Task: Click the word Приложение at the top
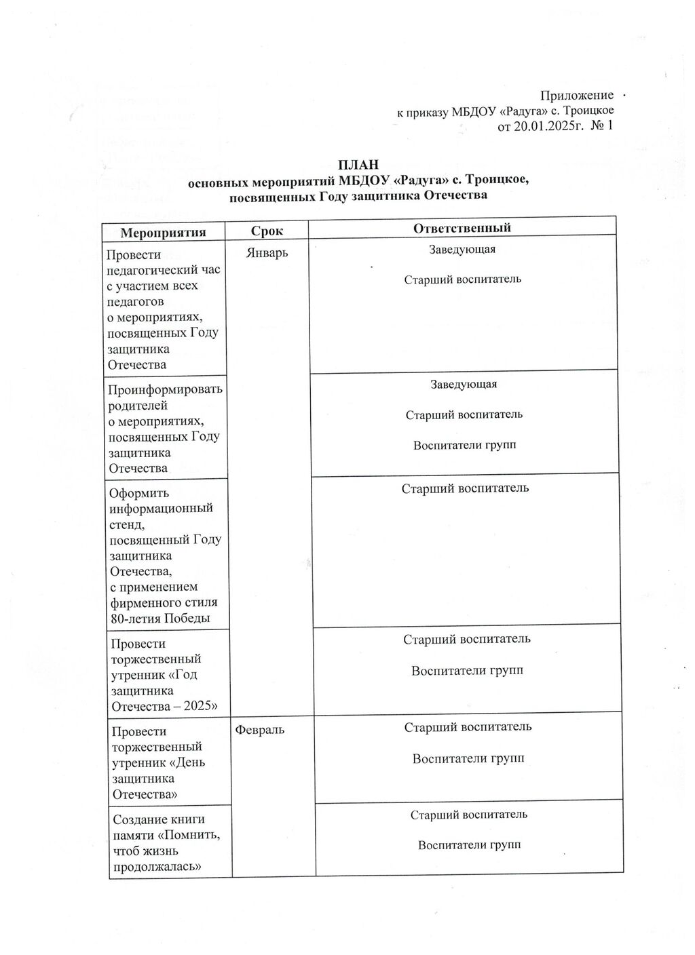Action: pos(576,96)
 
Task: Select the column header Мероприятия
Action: pos(163,232)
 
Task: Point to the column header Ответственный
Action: pos(462,228)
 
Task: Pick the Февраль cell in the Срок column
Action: pos(260,730)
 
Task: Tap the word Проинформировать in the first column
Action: pos(166,390)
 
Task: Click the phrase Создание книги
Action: pos(158,819)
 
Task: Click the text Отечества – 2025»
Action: pos(164,706)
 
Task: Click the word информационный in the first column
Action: pos(162,508)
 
